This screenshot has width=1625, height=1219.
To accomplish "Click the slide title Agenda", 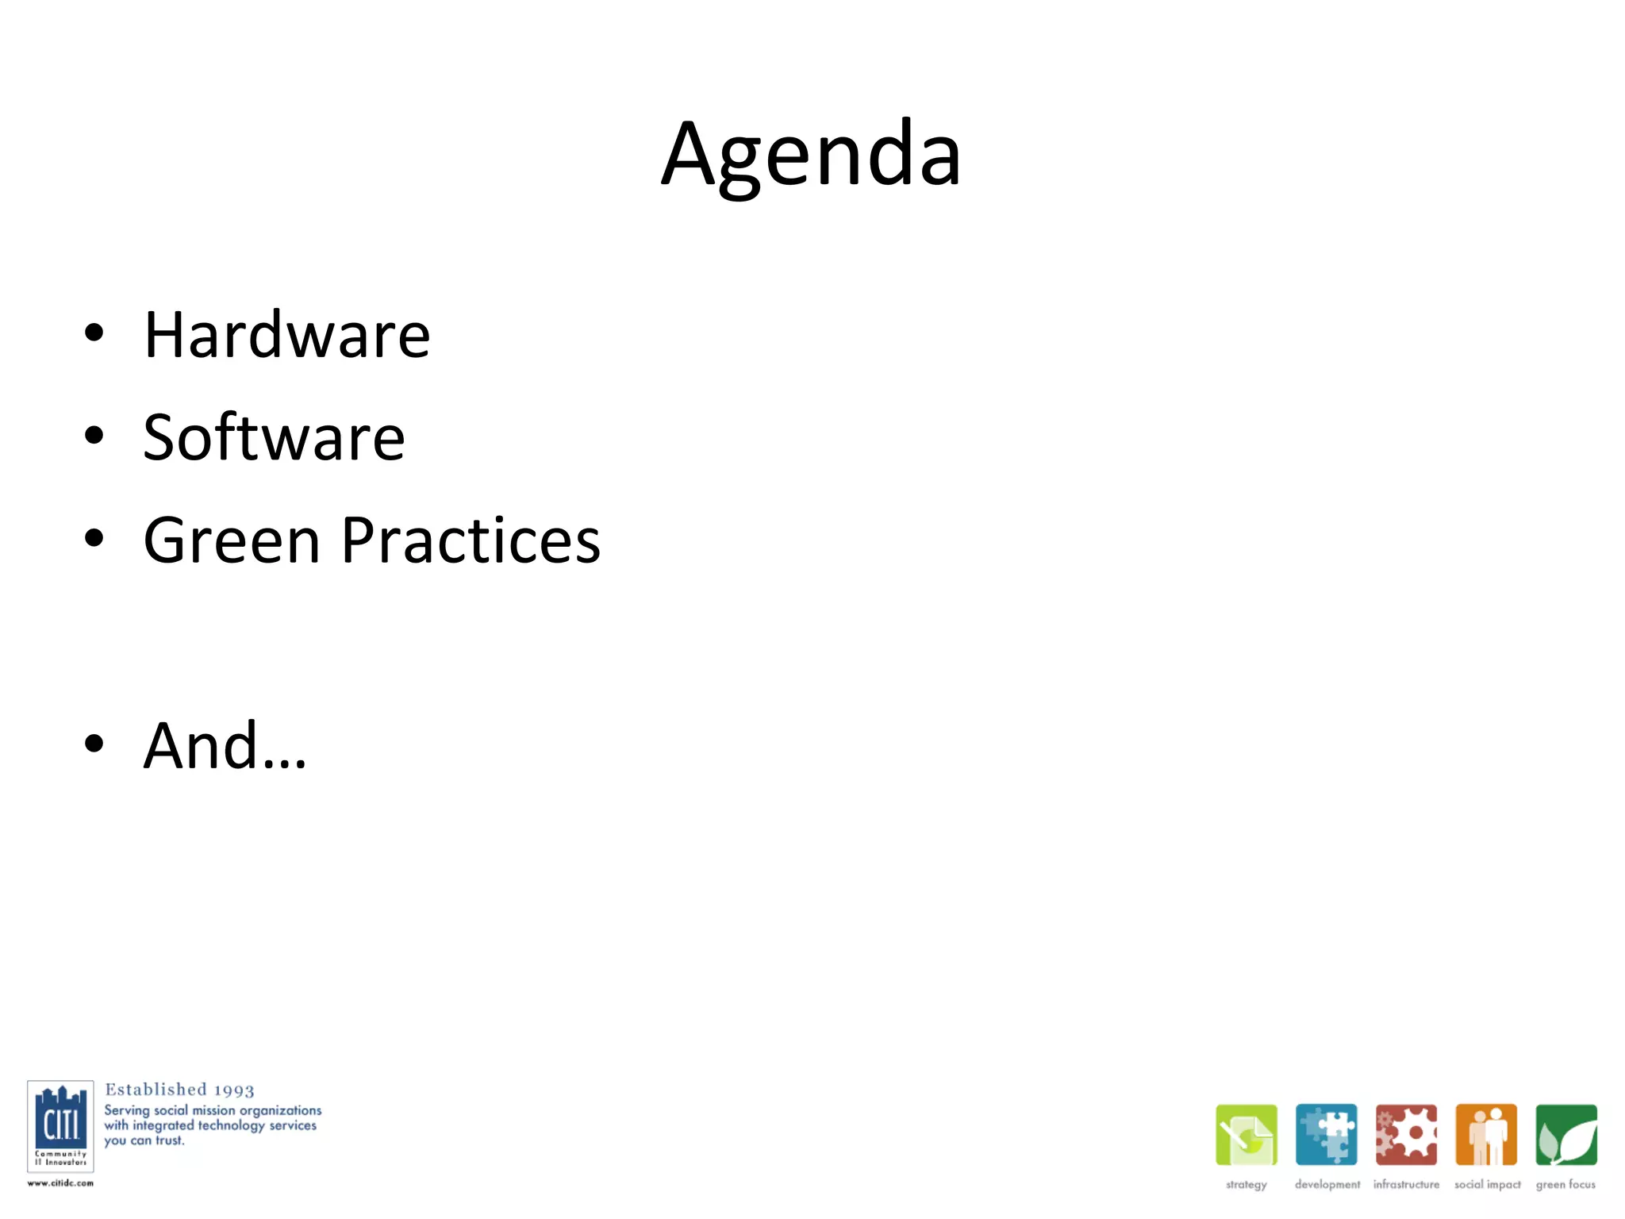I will (x=811, y=155).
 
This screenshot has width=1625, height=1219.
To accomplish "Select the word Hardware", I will (x=286, y=335).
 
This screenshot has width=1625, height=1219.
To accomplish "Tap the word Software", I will (x=274, y=437).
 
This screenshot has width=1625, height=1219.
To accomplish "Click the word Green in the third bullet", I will (x=232, y=540).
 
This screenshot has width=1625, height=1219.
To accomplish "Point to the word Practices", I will (x=471, y=540).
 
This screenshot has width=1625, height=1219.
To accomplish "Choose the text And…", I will (x=225, y=746).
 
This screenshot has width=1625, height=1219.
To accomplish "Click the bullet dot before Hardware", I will (x=94, y=333).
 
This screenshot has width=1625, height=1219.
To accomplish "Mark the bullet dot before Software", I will (x=94, y=436).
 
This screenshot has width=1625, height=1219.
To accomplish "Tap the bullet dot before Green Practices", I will (x=94, y=539).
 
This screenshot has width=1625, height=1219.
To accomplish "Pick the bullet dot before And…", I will (x=94, y=744).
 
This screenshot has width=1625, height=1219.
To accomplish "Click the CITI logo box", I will (x=60, y=1125).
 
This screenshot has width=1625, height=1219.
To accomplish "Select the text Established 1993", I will (x=179, y=1090).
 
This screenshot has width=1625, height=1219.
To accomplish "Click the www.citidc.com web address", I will (x=60, y=1183).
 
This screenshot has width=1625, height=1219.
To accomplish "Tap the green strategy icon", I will (x=1246, y=1135).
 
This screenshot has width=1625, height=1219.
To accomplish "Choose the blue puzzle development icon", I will (x=1326, y=1135).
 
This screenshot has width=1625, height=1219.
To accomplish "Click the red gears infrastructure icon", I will (x=1406, y=1135).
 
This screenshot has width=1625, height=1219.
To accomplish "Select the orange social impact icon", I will (x=1486, y=1135).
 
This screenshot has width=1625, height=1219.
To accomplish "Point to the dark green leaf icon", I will (x=1565, y=1135).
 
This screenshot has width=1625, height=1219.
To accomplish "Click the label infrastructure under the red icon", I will (x=1406, y=1184).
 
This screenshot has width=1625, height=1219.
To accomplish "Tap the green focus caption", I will (x=1565, y=1184).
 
